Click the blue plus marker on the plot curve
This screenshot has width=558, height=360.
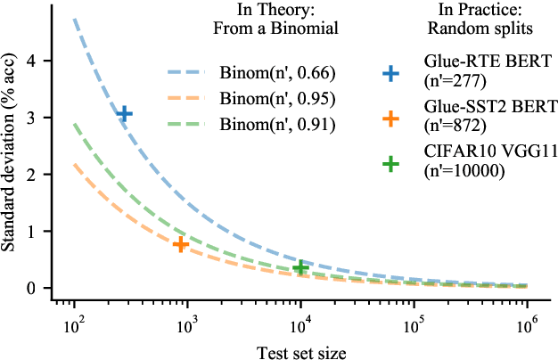[x=124, y=113]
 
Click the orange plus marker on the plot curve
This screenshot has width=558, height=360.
[x=180, y=244]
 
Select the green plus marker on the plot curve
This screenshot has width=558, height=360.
[x=300, y=267]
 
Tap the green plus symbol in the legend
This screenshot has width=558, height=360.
[x=390, y=164]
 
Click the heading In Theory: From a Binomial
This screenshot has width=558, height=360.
[x=252, y=20]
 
